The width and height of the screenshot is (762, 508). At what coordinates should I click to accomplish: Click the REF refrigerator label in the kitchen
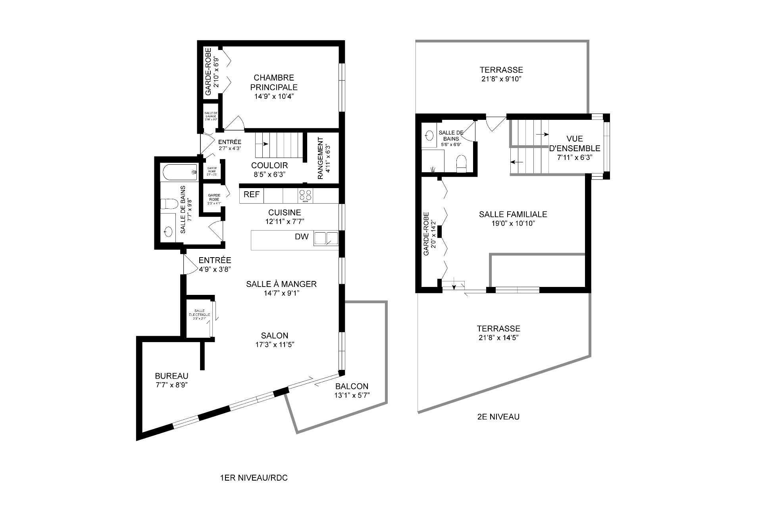[251, 194]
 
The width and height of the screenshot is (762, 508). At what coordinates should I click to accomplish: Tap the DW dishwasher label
[302, 237]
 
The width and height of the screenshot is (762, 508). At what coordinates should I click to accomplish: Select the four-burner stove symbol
[305, 195]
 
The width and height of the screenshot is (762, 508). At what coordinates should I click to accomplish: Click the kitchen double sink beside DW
[326, 238]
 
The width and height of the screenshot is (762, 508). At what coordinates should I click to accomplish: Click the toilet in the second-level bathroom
[461, 163]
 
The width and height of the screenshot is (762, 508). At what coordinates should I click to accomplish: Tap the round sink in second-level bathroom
[429, 135]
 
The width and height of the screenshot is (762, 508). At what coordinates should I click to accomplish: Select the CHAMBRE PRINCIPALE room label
[274, 83]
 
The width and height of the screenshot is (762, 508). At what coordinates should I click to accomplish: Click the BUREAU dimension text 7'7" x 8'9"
[171, 385]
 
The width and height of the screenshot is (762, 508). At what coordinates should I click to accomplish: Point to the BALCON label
[352, 386]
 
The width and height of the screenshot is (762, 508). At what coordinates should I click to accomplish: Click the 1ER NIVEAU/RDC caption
[254, 478]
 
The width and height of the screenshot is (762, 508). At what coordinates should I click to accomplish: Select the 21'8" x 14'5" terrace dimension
[498, 338]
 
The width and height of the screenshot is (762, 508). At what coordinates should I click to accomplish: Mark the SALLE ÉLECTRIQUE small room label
[199, 313]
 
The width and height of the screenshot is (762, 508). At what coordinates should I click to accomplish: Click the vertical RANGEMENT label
[321, 158]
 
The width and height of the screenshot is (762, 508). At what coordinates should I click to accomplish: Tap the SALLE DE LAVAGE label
[210, 116]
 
